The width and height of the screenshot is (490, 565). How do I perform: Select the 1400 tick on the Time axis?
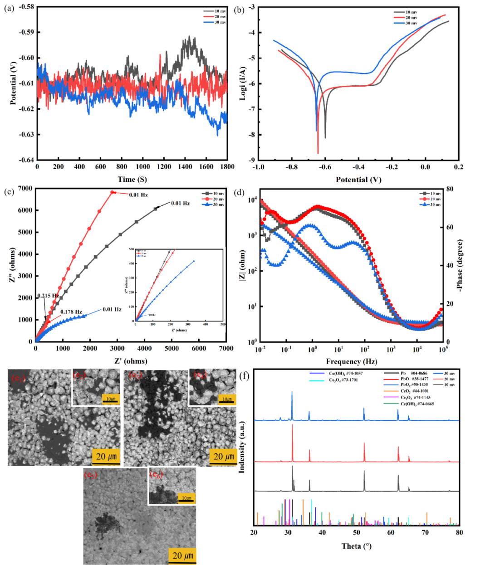coord(186,167)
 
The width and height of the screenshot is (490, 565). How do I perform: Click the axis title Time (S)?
coord(132,179)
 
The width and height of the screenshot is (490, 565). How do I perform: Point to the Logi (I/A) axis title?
coord(243,83)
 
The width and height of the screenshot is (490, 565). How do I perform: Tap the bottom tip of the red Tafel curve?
coord(318,153)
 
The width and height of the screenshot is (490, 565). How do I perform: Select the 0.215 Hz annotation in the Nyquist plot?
coord(48,296)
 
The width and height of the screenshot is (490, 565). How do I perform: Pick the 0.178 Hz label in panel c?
coord(71,312)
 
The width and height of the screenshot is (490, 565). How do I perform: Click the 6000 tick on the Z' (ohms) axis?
coord(199,348)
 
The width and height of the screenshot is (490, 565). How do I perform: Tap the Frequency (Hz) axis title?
coord(350,361)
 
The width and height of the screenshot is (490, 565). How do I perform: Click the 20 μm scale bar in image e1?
coord(106,457)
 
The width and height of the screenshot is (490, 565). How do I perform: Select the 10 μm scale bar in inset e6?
coord(186,498)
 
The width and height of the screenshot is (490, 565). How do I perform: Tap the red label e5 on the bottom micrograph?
coord(90,475)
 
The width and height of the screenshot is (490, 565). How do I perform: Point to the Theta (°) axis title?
coord(357,546)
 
